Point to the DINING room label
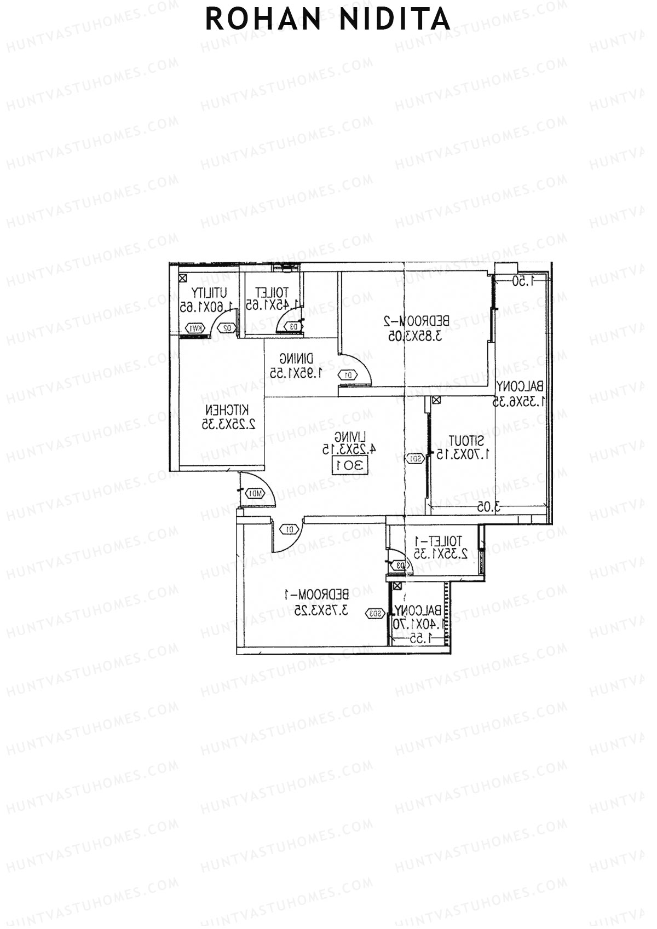[296, 360]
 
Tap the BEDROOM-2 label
[416, 321]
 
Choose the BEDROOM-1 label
[316, 594]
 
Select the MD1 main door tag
[255, 493]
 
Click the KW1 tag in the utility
[195, 328]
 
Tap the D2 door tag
[228, 328]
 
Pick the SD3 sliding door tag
[375, 614]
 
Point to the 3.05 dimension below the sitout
[488, 507]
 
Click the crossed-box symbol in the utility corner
[182, 278]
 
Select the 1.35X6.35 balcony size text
[519, 401]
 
